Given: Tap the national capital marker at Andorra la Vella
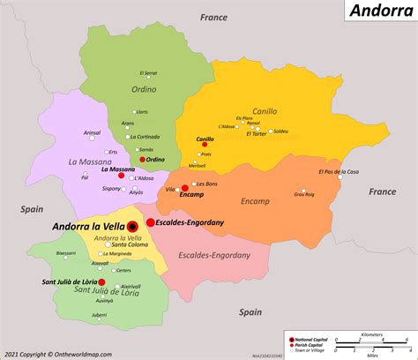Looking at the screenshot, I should [x=132, y=226].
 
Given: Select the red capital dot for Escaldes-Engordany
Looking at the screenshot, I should [x=151, y=222].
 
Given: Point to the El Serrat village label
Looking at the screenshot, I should [x=148, y=73].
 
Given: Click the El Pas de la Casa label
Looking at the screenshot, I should [x=338, y=172].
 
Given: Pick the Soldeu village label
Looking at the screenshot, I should [x=280, y=131].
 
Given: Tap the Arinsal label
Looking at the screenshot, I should [x=92, y=132].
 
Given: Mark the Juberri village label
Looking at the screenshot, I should [x=99, y=315].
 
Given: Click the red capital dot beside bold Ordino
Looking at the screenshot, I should [x=142, y=160].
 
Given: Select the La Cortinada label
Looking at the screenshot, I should [x=144, y=137].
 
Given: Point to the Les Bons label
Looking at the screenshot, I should [x=207, y=184].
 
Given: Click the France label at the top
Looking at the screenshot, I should [x=213, y=17].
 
